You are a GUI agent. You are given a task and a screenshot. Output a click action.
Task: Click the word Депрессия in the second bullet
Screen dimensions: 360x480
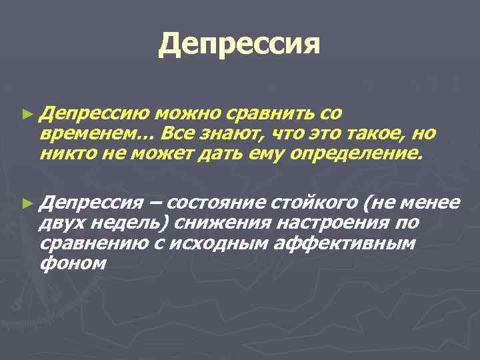(x=91, y=201)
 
